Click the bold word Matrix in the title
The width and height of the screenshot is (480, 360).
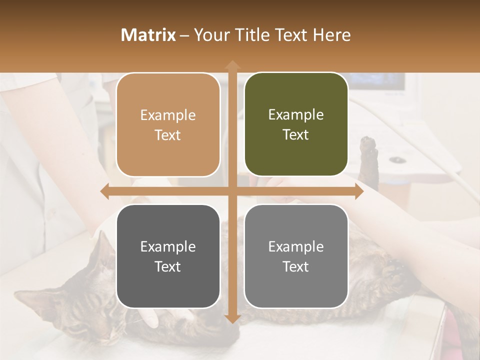(148, 35)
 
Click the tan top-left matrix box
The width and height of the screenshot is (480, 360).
(168, 124)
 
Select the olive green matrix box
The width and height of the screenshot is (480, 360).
(296, 124)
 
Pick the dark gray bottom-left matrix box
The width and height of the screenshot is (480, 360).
(168, 256)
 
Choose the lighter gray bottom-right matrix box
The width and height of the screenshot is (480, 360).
(296, 256)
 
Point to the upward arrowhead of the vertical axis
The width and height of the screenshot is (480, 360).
(232, 65)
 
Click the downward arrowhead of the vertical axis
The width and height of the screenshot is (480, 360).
(232, 318)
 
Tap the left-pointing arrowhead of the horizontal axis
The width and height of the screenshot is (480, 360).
(105, 191)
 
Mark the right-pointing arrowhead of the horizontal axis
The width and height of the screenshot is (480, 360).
(359, 191)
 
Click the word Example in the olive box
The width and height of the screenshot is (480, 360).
(296, 115)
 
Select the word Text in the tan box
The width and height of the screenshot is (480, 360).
(168, 135)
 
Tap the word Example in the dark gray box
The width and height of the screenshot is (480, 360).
(168, 246)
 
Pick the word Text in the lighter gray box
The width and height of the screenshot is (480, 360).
(296, 267)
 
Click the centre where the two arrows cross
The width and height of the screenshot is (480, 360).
(232, 191)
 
